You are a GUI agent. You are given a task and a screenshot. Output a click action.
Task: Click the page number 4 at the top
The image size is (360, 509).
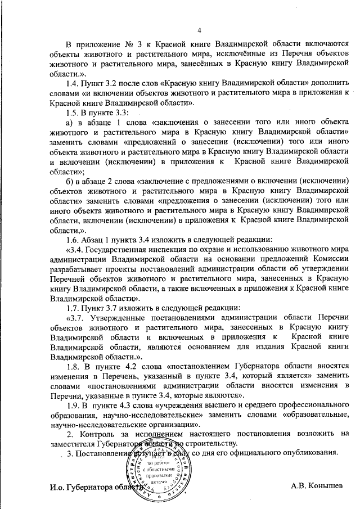click(x=200, y=30)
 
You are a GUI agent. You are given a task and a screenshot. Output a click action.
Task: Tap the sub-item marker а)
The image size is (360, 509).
click(x=70, y=123)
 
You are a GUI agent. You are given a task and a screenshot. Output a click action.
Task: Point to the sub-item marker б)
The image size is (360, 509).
click(x=70, y=180)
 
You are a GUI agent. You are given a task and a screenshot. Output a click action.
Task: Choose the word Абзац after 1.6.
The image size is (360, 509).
click(x=95, y=238)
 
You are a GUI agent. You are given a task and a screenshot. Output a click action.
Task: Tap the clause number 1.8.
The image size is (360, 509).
click(x=74, y=366)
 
